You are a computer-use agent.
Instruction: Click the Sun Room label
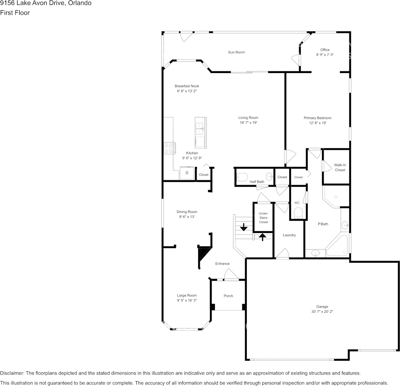tap(237, 52)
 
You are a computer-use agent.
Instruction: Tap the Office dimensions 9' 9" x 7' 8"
tap(325, 55)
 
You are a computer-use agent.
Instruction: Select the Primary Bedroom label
tap(317, 118)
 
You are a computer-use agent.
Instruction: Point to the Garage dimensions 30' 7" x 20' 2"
tap(322, 312)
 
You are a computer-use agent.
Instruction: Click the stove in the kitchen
tap(170, 148)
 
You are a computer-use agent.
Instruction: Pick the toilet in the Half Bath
tap(242, 177)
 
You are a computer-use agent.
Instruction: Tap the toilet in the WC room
tap(298, 213)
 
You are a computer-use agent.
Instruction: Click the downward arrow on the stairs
tap(244, 227)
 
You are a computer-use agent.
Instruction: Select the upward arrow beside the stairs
tap(262, 237)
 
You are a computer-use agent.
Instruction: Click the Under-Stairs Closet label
tap(263, 218)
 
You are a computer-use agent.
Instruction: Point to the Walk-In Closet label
tap(340, 167)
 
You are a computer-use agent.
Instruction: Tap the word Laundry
tap(289, 235)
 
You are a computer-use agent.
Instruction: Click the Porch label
tap(228, 296)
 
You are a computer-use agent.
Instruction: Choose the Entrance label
tap(222, 264)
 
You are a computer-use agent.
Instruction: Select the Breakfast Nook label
tap(187, 86)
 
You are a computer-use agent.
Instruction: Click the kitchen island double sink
tap(199, 129)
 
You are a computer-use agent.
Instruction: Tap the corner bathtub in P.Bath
tap(337, 245)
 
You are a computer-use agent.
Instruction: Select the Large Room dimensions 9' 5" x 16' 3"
tap(187, 300)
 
